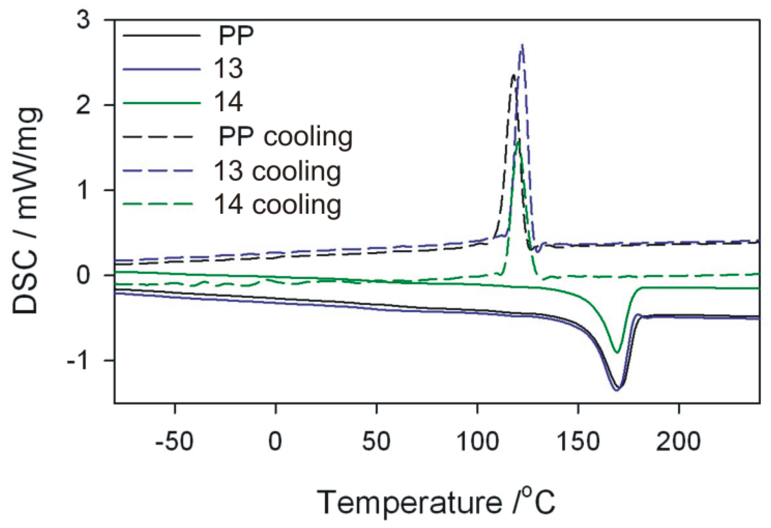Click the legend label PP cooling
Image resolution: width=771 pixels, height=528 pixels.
[285, 137]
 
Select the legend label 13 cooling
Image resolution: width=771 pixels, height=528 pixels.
[277, 171]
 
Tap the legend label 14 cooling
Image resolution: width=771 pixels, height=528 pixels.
[277, 205]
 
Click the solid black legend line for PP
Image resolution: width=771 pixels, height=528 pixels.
[161, 35]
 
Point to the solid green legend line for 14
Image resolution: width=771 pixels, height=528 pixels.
[161, 103]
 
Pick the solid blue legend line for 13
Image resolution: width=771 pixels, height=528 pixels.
[161, 69]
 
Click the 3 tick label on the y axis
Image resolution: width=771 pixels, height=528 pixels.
[83, 19]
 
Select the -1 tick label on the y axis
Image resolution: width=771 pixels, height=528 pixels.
[77, 360]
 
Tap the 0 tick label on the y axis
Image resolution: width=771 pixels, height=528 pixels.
[83, 275]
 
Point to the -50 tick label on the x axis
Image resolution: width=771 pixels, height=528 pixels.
[174, 441]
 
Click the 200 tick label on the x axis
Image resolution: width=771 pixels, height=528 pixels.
[678, 441]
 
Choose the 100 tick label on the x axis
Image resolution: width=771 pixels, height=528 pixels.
[477, 441]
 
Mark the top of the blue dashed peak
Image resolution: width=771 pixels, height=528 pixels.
[522, 45]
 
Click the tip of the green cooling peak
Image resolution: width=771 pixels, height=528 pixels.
[518, 140]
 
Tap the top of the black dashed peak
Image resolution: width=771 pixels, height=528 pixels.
[513, 75]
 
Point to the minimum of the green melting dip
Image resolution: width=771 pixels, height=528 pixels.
[616, 353]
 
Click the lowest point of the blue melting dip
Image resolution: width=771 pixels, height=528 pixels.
[616, 390]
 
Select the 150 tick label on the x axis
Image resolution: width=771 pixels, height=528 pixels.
[578, 441]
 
